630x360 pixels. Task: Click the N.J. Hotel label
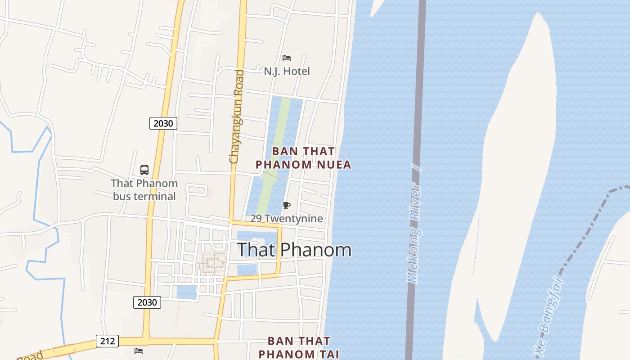(x=287, y=71)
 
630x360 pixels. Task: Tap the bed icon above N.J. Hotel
(x=286, y=58)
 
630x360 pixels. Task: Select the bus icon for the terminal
(x=144, y=170)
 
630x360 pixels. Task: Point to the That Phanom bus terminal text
(x=144, y=190)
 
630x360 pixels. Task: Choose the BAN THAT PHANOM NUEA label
(x=303, y=158)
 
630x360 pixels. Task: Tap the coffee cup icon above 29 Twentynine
(x=286, y=206)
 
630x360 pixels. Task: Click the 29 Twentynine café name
(x=287, y=219)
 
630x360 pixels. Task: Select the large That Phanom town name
(x=294, y=250)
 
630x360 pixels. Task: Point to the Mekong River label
(x=414, y=225)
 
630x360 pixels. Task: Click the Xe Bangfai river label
(x=548, y=317)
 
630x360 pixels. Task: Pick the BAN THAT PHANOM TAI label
(x=299, y=347)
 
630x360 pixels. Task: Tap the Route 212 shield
(x=107, y=341)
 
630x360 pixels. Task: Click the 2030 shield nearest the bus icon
(x=163, y=123)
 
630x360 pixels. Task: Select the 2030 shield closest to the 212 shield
(x=147, y=302)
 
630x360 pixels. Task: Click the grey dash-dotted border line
(x=585, y=234)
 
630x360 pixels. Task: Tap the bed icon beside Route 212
(x=139, y=351)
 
